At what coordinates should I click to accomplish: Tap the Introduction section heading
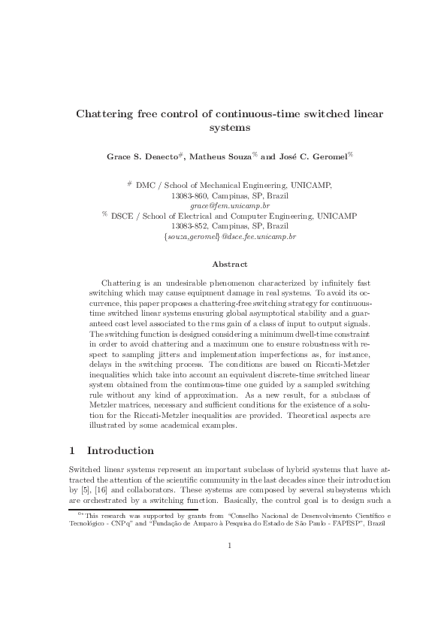(x=121, y=451)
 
